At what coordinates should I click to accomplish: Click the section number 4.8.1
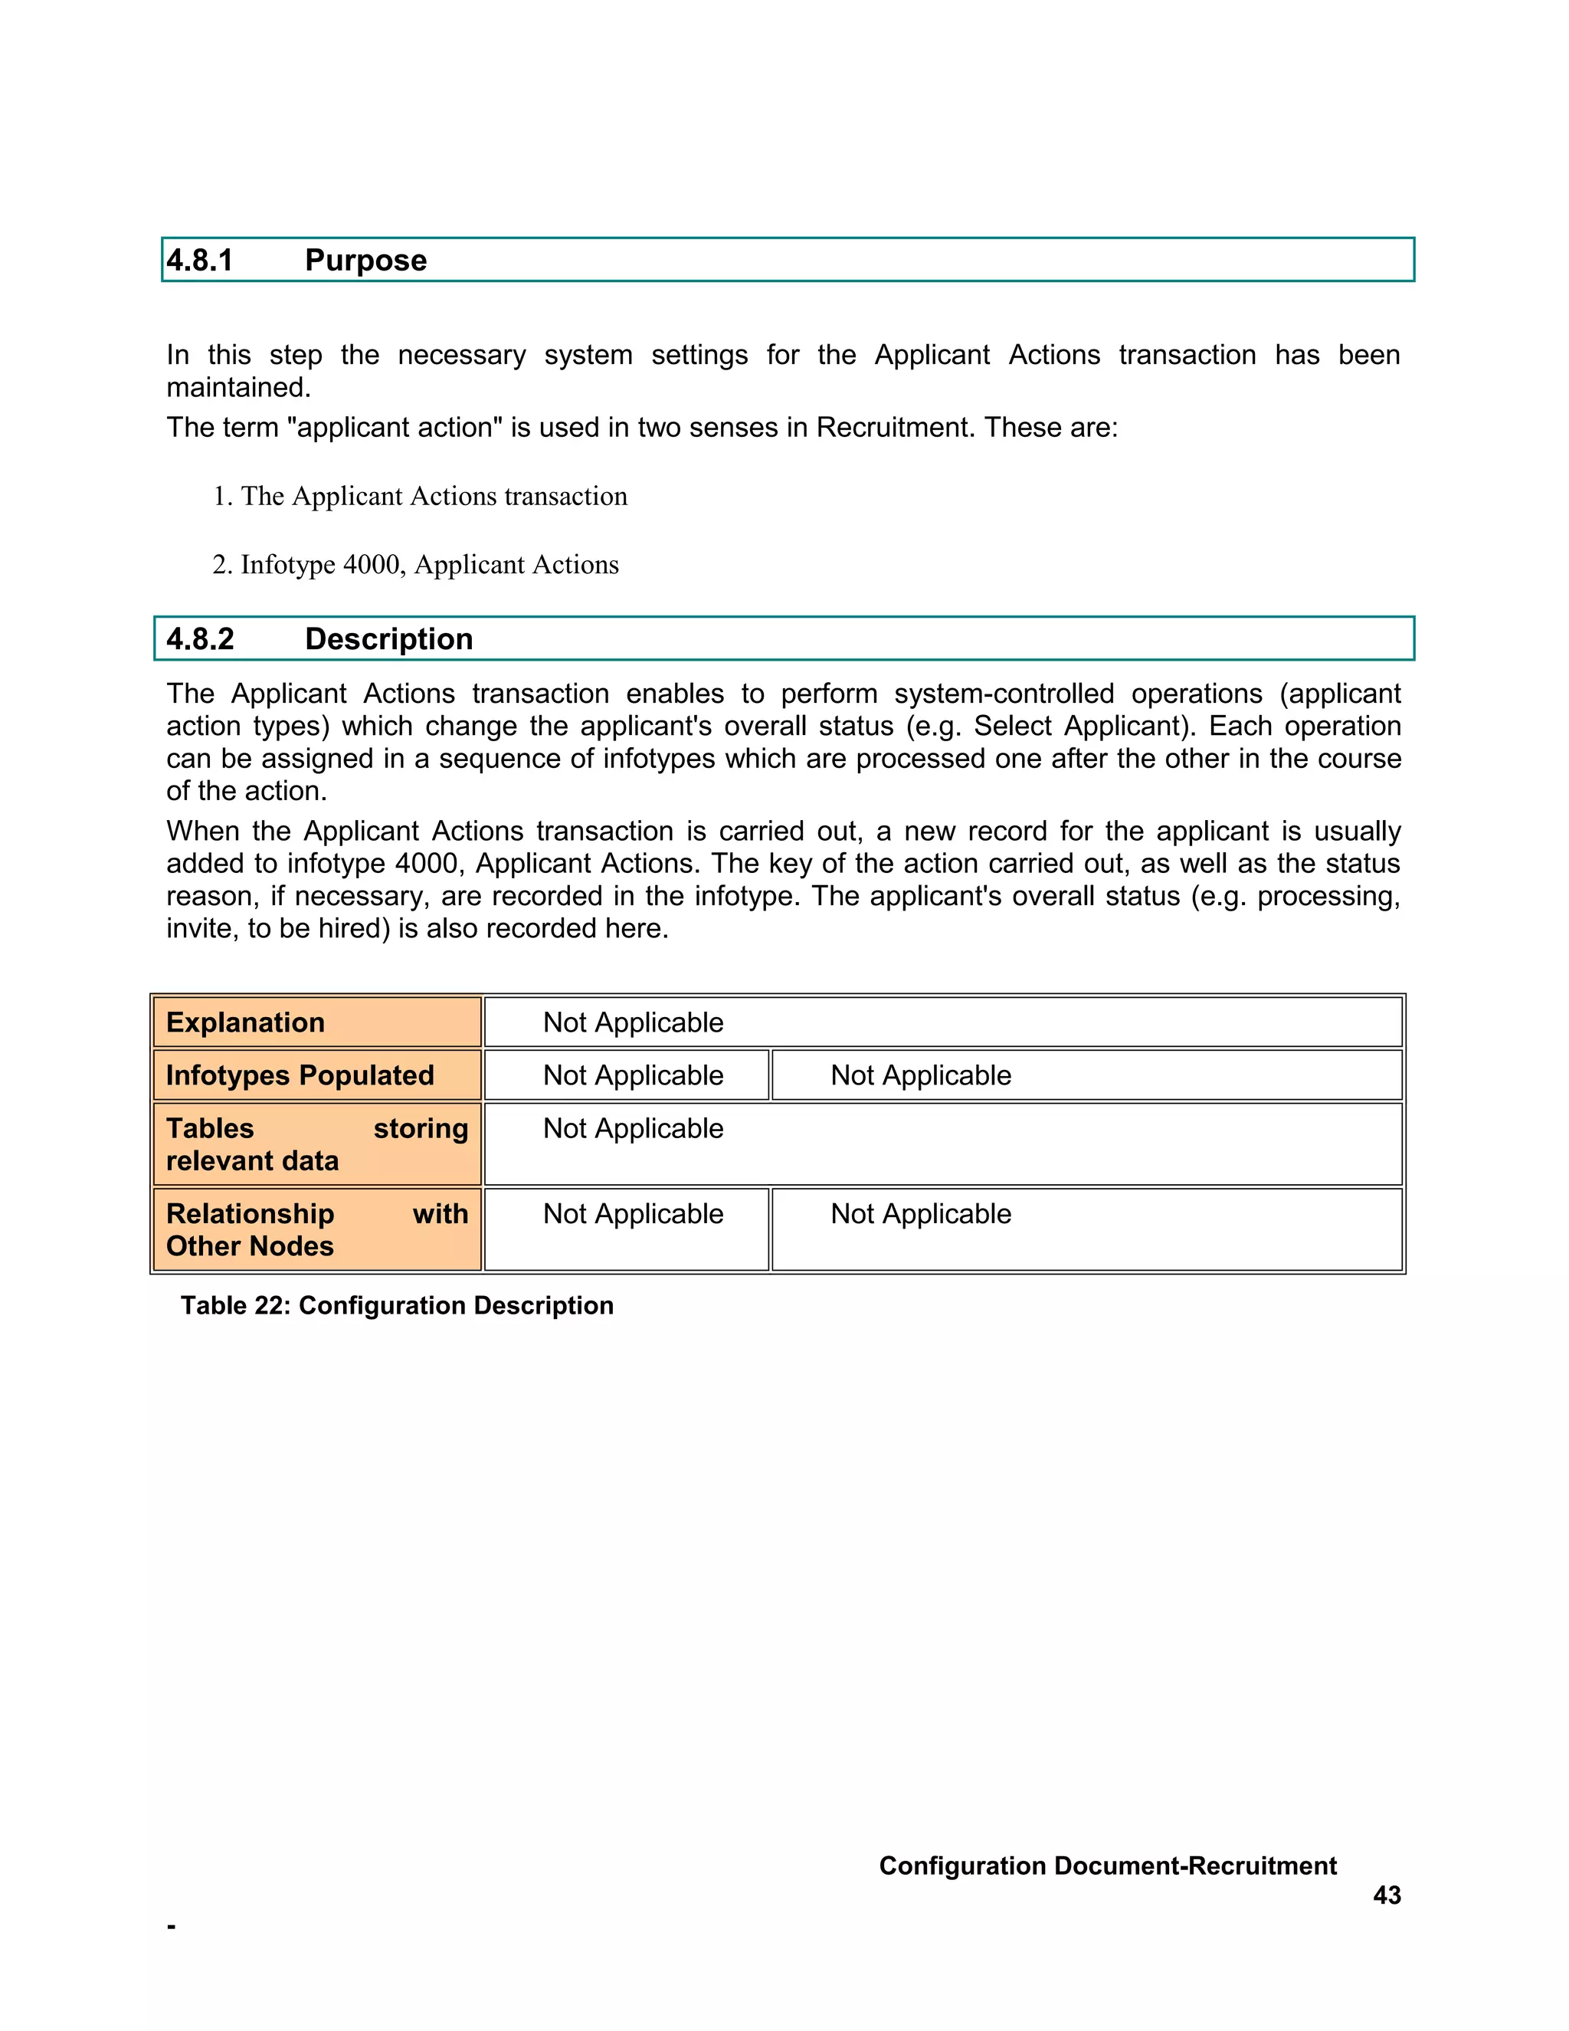(x=199, y=261)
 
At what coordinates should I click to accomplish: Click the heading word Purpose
(x=365, y=261)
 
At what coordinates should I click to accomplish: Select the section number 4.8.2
(x=200, y=639)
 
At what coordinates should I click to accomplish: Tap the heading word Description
(x=388, y=639)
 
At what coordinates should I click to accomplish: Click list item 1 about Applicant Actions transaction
(x=420, y=497)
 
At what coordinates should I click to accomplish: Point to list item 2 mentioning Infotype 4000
(x=415, y=565)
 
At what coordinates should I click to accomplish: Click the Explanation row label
(x=245, y=1022)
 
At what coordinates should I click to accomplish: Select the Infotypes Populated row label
(x=300, y=1075)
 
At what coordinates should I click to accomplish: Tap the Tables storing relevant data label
(x=316, y=1143)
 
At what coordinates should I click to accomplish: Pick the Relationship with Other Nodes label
(x=316, y=1229)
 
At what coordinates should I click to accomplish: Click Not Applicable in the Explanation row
(x=633, y=1022)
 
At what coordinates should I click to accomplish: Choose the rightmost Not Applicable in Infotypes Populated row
(x=920, y=1075)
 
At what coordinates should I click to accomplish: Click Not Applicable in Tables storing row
(x=633, y=1128)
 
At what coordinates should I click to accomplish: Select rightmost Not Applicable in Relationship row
(x=920, y=1213)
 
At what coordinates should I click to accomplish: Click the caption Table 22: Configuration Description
(x=397, y=1306)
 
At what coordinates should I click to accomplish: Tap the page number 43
(x=1386, y=1895)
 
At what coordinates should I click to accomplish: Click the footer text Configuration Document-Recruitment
(x=1107, y=1865)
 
